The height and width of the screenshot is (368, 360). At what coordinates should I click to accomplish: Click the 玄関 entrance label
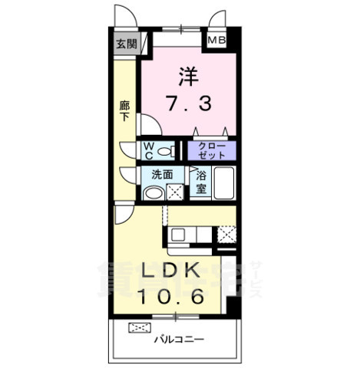pyautogui.click(x=126, y=44)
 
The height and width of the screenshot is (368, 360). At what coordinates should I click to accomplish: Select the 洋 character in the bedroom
pyautogui.click(x=189, y=77)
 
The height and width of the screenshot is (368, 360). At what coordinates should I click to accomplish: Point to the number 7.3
pyautogui.click(x=189, y=103)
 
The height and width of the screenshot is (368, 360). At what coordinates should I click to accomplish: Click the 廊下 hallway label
pyautogui.click(x=124, y=110)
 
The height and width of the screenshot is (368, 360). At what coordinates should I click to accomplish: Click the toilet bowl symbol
pyautogui.click(x=164, y=149)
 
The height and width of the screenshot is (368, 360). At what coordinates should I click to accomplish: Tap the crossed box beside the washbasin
pyautogui.click(x=175, y=193)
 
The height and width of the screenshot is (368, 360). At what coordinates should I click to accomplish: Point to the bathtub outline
pyautogui.click(x=223, y=183)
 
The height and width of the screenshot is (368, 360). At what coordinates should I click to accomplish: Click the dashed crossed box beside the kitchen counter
pyautogui.click(x=226, y=235)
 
